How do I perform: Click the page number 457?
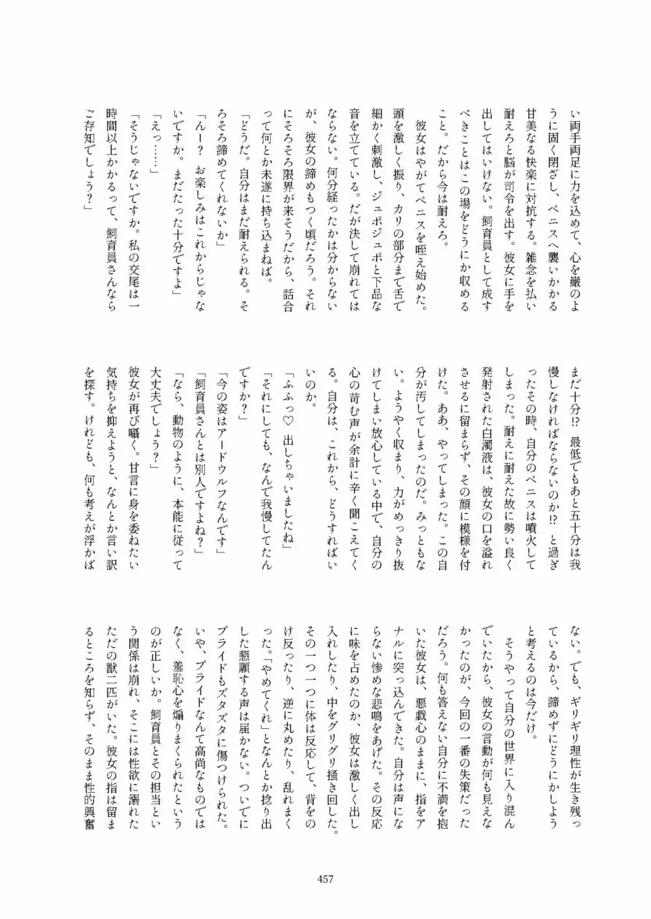[x=325, y=879]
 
